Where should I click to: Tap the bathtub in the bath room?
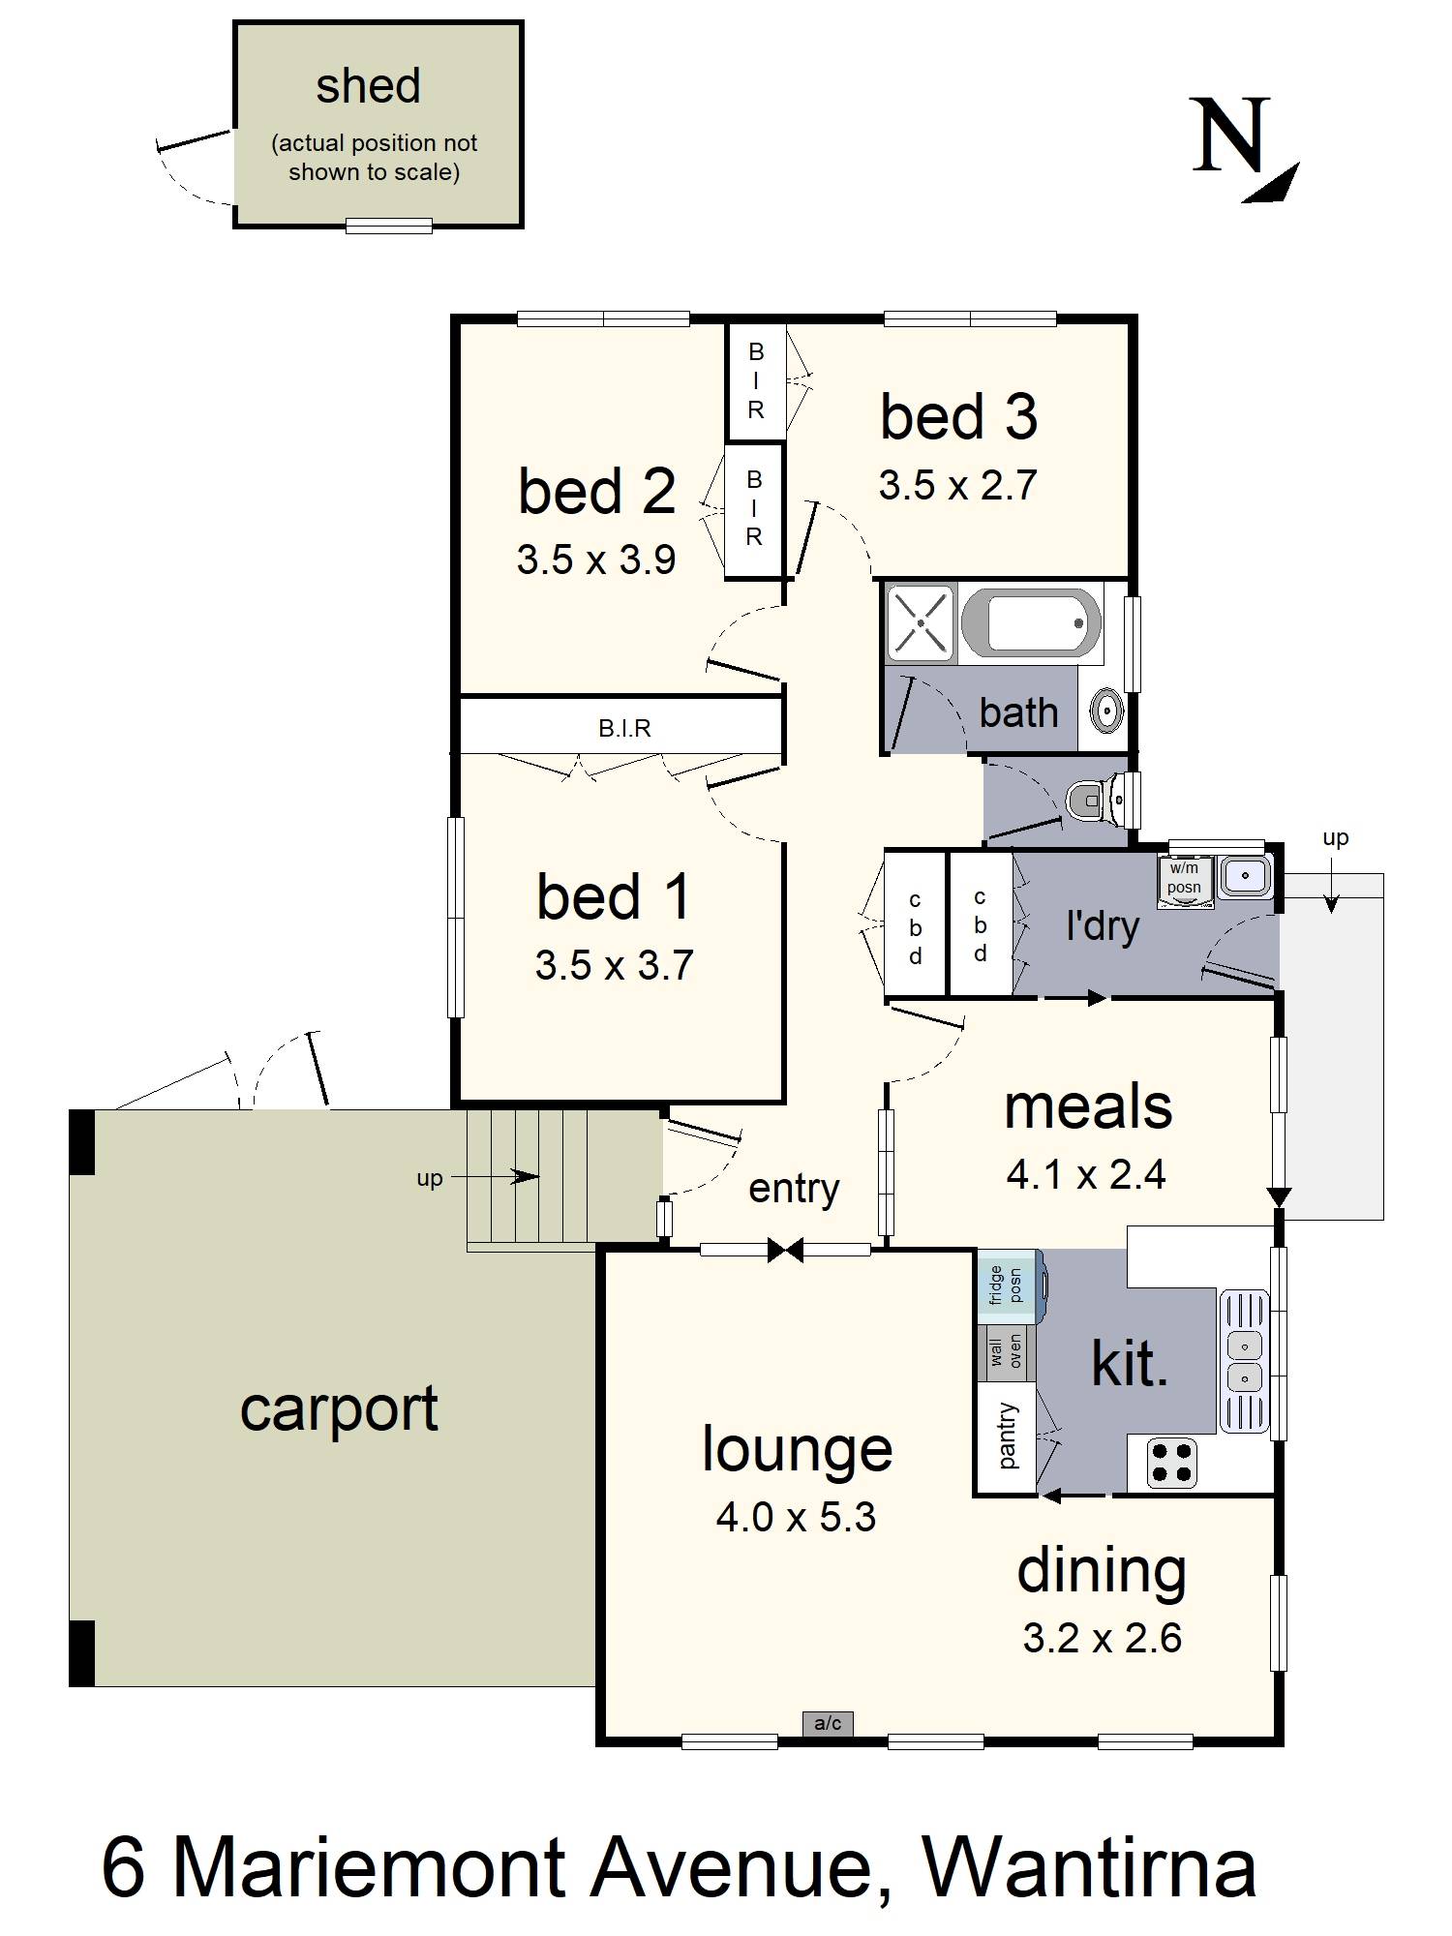[x=1031, y=622]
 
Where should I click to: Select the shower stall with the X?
[x=921, y=622]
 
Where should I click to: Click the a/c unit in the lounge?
[x=828, y=1723]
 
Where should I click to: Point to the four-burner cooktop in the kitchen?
[x=1172, y=1462]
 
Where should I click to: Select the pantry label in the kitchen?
[x=1008, y=1437]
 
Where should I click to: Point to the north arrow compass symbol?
[x=1244, y=150]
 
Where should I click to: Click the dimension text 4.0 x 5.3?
[x=796, y=1517]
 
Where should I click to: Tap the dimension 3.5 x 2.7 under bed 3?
[x=957, y=485]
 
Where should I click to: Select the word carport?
[x=339, y=1410]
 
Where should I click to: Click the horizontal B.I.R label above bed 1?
[x=624, y=728]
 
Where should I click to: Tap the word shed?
[x=368, y=85]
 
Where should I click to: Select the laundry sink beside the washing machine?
[x=1245, y=876]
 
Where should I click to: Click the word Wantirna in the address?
[x=1089, y=1868]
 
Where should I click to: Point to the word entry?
[x=794, y=1190]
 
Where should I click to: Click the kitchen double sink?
[x=1244, y=1360]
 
